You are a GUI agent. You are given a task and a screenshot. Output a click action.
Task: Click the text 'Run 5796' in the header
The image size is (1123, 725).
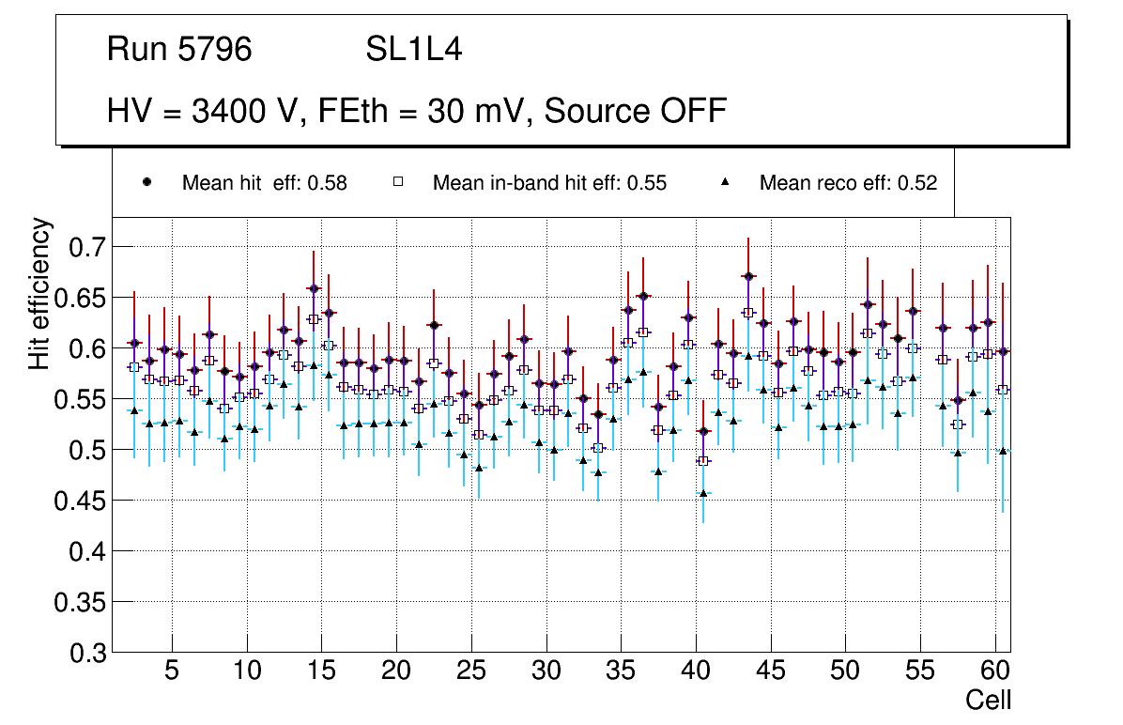179,49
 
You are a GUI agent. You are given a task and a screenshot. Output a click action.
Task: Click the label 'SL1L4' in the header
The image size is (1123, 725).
413,49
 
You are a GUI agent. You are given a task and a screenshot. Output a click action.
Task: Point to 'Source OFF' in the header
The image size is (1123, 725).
636,111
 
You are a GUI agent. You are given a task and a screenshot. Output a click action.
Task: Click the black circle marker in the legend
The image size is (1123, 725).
146,182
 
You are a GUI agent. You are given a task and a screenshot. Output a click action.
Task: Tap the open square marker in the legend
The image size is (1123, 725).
397,182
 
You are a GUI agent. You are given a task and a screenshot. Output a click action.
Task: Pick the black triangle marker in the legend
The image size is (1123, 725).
725,182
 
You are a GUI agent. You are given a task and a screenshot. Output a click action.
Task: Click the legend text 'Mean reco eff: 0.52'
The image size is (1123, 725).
848,183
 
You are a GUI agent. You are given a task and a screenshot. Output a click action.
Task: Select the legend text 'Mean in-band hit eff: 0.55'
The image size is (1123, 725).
549,183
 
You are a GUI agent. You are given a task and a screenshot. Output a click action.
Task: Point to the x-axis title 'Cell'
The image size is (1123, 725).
988,700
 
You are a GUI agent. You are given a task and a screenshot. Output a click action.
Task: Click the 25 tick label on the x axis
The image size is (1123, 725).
470,672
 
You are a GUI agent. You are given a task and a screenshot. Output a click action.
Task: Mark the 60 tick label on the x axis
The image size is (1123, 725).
995,672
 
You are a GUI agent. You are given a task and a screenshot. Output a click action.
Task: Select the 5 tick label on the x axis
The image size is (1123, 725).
171,672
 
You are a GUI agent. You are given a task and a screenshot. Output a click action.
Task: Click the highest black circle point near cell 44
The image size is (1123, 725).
747,276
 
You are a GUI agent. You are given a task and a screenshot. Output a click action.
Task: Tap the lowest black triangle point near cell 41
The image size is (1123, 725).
703,493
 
